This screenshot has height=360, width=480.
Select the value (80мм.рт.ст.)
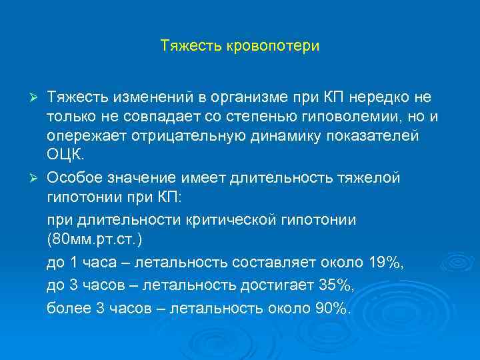94,239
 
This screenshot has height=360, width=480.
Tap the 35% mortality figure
335,285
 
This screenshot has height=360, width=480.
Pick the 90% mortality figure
329,308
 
